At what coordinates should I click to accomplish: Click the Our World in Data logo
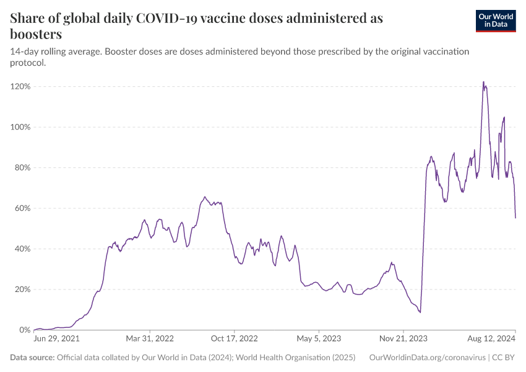(x=495, y=20)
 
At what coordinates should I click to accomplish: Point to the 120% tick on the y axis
(x=20, y=86)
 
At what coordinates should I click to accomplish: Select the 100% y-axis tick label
(x=20, y=127)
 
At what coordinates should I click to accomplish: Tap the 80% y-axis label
(x=22, y=167)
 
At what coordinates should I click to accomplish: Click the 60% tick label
(x=22, y=208)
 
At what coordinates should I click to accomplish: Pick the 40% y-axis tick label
(x=22, y=249)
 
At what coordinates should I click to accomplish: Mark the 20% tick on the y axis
(x=22, y=290)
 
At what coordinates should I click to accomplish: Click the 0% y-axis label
(x=25, y=330)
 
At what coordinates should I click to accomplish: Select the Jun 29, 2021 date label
(x=56, y=339)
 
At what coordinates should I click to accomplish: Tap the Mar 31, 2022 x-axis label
(x=150, y=339)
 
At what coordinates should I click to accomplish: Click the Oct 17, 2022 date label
(x=235, y=339)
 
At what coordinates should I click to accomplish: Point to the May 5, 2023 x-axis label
(x=319, y=339)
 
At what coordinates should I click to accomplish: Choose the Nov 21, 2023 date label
(x=402, y=339)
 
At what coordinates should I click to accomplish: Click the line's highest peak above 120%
(x=483, y=82)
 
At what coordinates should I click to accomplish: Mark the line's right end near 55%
(x=515, y=218)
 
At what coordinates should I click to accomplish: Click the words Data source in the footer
(x=32, y=358)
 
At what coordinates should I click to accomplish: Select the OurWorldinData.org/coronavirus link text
(x=426, y=358)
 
